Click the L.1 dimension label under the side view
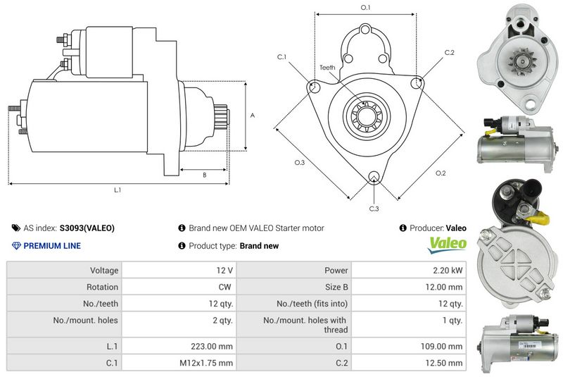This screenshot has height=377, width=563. point(118,190)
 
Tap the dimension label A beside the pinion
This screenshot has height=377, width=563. point(253,115)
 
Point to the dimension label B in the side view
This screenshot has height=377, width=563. point(204,175)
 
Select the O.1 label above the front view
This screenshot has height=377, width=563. point(365,7)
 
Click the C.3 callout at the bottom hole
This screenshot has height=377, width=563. point(374,209)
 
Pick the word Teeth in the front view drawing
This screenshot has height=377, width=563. point(328,68)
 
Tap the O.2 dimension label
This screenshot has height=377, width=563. point(441,173)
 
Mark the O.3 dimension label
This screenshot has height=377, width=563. point(299,163)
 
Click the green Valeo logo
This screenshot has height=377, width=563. point(448,245)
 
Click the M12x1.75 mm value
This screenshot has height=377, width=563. point(210,363)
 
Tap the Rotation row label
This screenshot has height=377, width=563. point(103,287)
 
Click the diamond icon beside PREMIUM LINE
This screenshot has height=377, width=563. point(17,246)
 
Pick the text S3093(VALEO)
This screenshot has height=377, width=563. point(87,228)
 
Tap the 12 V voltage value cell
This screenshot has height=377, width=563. point(225,270)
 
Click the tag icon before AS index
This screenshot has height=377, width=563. point(16,228)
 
